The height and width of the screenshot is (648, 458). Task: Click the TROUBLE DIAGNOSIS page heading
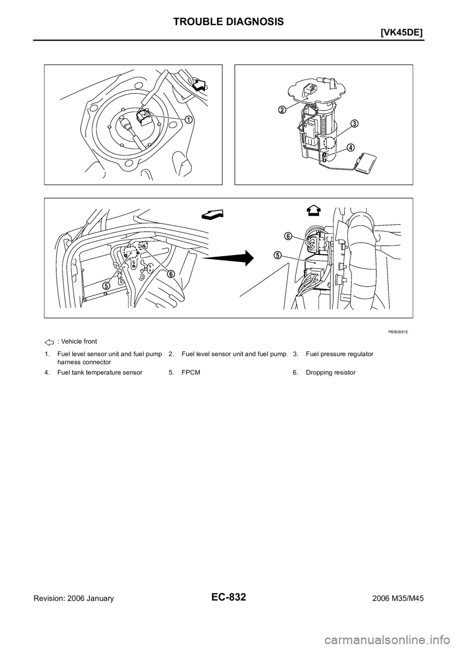point(229,21)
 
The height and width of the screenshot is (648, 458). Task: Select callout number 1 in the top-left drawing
point(188,120)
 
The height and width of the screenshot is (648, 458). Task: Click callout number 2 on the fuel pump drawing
point(282,110)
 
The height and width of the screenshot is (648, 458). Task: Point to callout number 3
point(354,124)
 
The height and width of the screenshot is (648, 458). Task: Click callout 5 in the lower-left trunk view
point(106,285)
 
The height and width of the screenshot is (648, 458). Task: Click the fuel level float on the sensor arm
point(366,164)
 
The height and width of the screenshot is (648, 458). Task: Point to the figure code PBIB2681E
point(398,332)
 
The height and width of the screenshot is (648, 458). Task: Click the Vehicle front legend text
point(77,341)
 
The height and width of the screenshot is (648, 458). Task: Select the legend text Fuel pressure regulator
point(340,354)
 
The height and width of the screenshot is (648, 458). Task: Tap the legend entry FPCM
point(191,373)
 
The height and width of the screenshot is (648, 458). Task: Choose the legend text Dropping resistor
point(331,373)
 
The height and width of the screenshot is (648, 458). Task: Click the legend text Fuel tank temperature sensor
point(100,373)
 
